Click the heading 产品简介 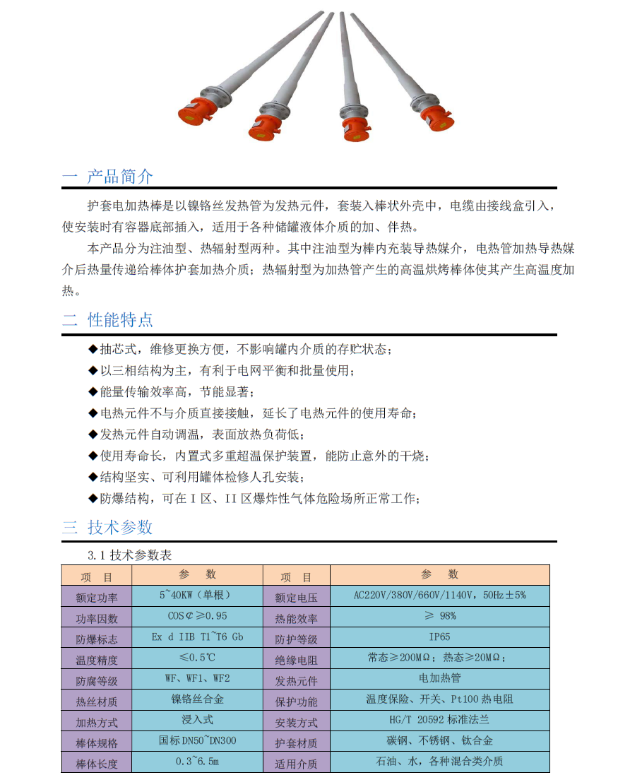tap(119, 176)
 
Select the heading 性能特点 tap(119, 320)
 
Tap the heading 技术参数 tap(119, 527)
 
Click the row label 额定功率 tap(97, 598)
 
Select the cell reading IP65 tap(439, 637)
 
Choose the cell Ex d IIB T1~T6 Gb tap(198, 637)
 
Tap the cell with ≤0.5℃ tap(197, 657)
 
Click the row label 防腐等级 tap(97, 682)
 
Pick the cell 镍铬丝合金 tap(197, 699)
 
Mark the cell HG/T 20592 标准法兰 tap(439, 720)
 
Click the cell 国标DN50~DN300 tap(197, 741)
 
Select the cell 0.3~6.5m tap(197, 762)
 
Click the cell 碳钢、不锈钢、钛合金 tap(439, 741)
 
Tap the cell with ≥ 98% tap(439, 616)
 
